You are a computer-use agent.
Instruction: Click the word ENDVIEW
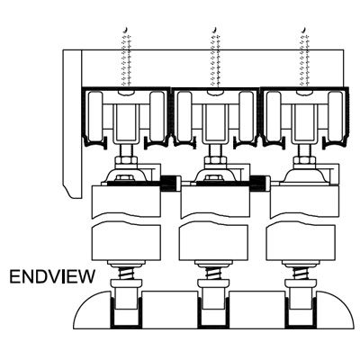tap(52, 276)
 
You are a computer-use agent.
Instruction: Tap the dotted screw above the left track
tap(126, 57)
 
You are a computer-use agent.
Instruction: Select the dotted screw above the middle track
tap(216, 57)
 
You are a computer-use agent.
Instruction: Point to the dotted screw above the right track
tap(305, 57)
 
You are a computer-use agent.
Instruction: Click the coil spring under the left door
tap(126, 273)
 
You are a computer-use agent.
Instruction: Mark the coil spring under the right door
tap(300, 273)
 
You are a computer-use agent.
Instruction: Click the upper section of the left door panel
tap(126, 201)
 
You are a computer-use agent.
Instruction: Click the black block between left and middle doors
tap(170, 184)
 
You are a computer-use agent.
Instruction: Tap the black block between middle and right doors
tap(259, 184)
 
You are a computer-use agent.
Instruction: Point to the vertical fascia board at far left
tap(72, 123)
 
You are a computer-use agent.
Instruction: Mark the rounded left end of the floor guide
tap(93, 310)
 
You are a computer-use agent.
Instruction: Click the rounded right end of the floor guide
tap(335, 310)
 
